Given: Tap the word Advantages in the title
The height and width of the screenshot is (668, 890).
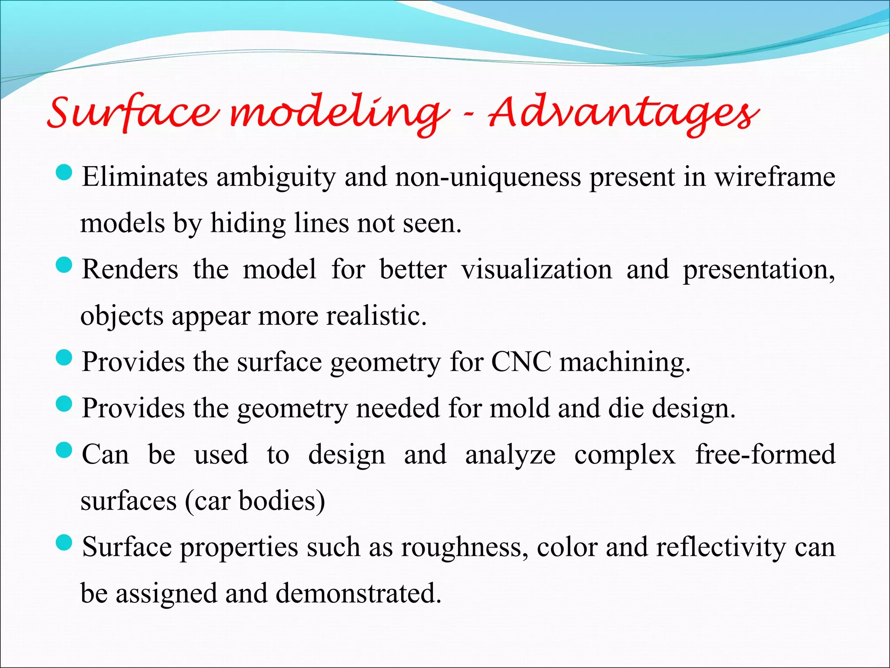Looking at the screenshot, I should coord(624,114).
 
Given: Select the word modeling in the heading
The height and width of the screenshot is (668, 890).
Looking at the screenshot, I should coord(339,114).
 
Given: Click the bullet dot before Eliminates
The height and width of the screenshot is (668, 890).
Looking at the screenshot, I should coord(64,173).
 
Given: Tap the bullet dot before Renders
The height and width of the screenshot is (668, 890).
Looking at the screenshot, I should coord(64,265).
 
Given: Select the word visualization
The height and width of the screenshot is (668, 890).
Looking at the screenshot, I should coord(536,269).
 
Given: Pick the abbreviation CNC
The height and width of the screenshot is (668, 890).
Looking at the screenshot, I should coord(521,362).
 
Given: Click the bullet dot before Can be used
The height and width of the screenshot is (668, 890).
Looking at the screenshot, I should coord(64,450).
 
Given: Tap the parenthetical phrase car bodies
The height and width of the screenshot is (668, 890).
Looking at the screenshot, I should coord(255,501).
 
